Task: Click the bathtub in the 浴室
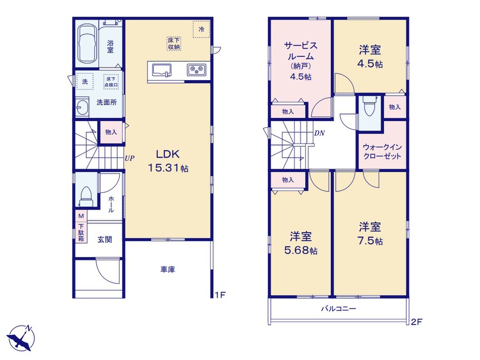tap(87, 44)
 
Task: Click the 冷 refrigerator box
tap(202, 29)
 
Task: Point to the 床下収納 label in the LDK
tap(174, 44)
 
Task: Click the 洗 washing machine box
tap(85, 81)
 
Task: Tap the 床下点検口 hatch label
tap(111, 82)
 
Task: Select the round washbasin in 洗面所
tap(82, 107)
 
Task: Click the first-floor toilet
tap(86, 196)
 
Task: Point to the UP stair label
tap(130, 158)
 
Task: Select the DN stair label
tap(319, 133)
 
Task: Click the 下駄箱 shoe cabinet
tap(81, 232)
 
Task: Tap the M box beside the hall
tap(81, 216)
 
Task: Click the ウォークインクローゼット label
tap(382, 152)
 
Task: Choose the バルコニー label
tap(339, 308)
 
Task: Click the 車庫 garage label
tap(168, 270)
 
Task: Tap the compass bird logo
tap(21, 337)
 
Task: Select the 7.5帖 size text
tap(370, 241)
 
